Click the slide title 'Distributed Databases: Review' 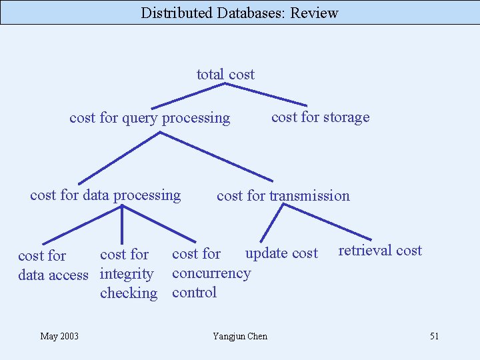(239, 13)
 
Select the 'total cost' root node (225, 75)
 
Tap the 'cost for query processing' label (149, 118)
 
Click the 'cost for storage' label (320, 117)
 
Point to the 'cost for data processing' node (105, 195)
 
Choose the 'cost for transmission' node (283, 196)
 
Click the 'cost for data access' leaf (53, 265)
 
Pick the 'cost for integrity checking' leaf (128, 273)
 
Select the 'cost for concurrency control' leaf (211, 273)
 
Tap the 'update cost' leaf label (281, 253)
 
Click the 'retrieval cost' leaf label (380, 251)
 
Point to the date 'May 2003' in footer (59, 336)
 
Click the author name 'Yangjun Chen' (240, 336)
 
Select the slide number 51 (434, 336)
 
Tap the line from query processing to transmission (217, 157)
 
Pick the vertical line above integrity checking (122, 224)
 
